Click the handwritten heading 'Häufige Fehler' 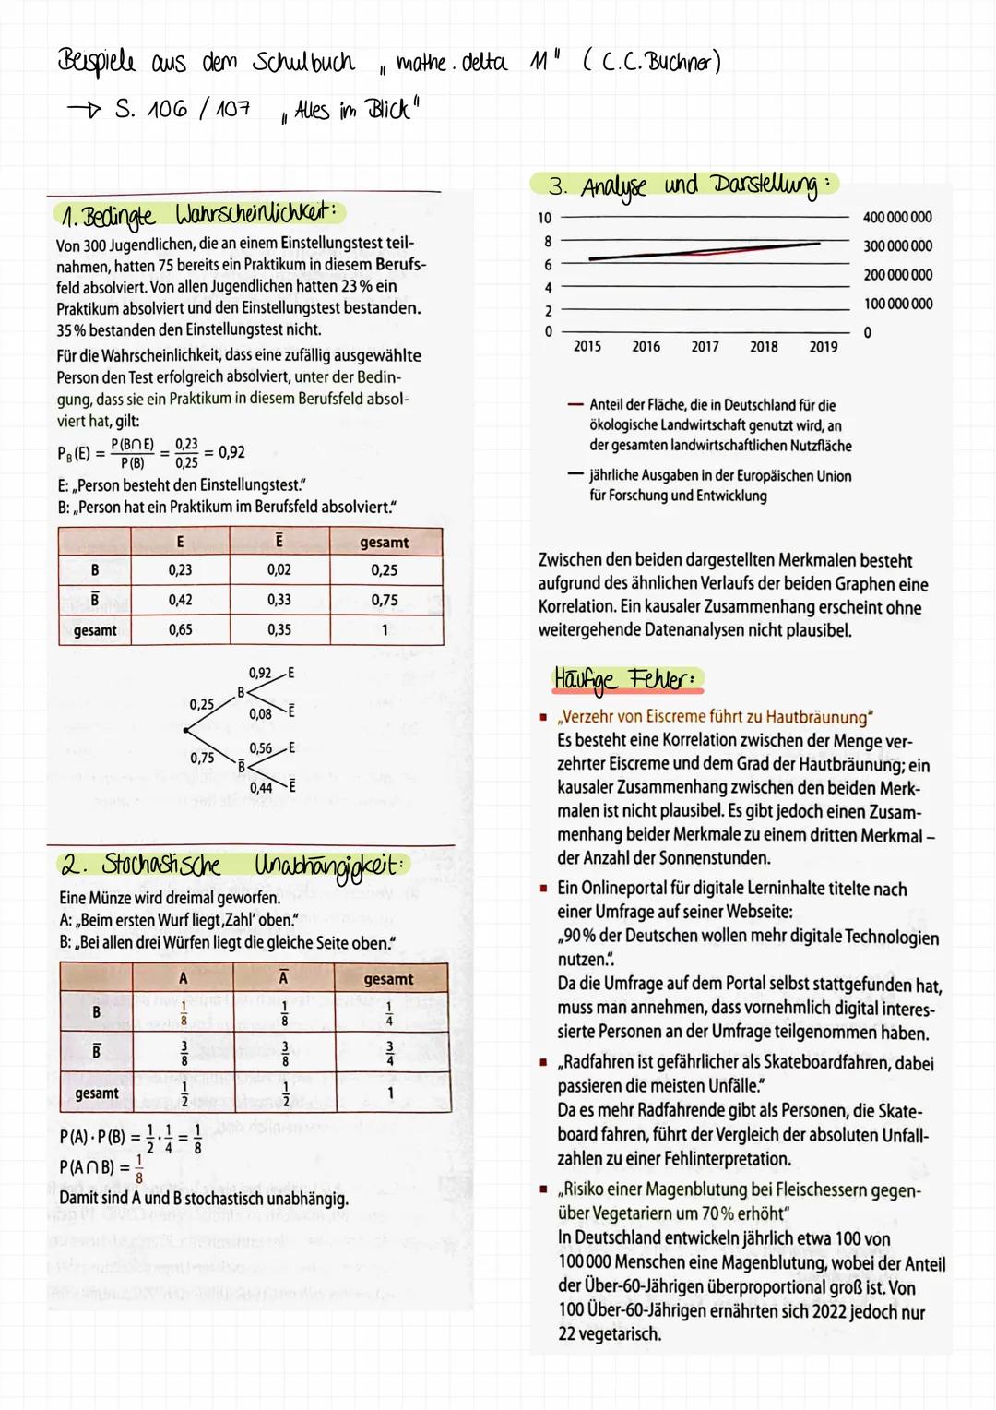[x=627, y=679]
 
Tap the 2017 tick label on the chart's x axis [x=705, y=347]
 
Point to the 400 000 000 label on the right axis [x=896, y=218]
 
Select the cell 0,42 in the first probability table [x=180, y=600]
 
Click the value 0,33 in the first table [x=279, y=600]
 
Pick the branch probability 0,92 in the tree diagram [x=260, y=674]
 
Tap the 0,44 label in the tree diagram [x=260, y=787]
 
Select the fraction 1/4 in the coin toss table [x=388, y=1013]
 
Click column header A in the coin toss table [x=184, y=978]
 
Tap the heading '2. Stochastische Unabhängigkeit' [x=231, y=866]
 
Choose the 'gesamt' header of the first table [x=385, y=543]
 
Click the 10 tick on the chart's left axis [x=544, y=218]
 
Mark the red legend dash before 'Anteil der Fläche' [x=575, y=405]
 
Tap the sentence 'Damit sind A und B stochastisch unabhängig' [x=204, y=1199]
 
